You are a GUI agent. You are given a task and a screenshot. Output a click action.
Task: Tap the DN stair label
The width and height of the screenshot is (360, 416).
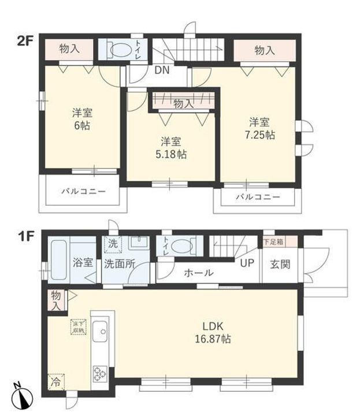(161, 72)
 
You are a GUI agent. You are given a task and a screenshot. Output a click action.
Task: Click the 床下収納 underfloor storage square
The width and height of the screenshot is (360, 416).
(77, 326)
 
